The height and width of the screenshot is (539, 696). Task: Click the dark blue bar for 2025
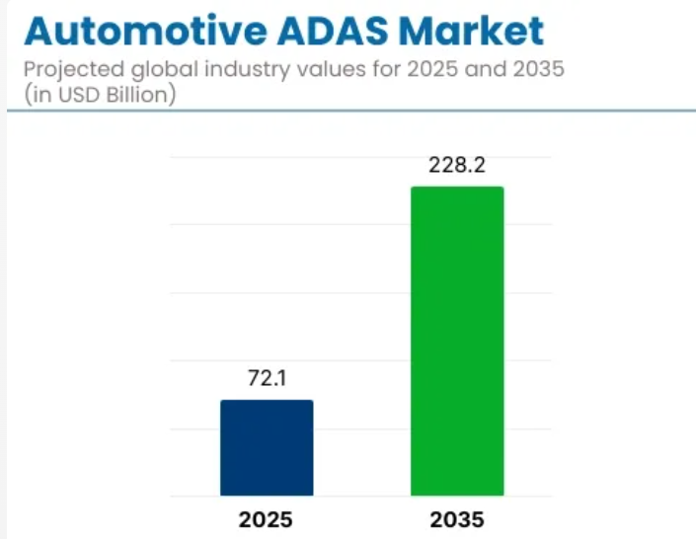267,447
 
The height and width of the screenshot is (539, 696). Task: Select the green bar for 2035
457,341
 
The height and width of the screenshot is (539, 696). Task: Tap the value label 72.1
267,378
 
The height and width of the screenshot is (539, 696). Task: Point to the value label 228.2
457,165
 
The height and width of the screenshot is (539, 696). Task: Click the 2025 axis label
267,519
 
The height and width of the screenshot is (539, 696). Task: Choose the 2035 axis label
457,519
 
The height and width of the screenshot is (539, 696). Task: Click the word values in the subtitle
317,71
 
